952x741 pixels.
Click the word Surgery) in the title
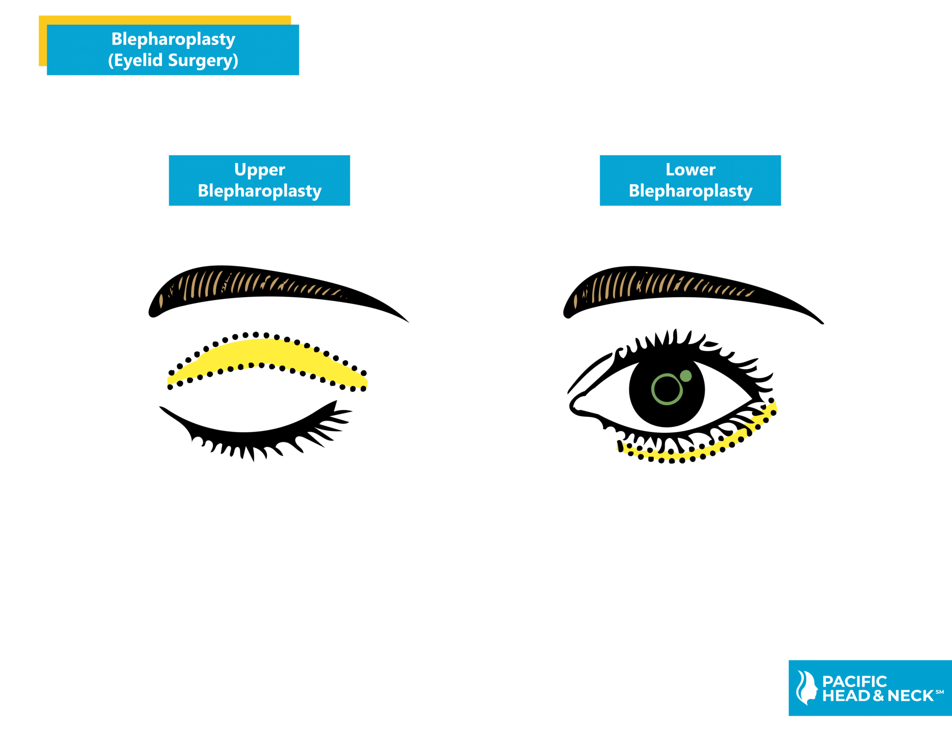click(x=203, y=60)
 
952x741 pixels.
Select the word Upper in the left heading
click(x=259, y=170)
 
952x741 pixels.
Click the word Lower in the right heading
click(x=690, y=170)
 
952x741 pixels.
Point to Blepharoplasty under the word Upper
click(x=259, y=191)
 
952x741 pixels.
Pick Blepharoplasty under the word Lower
click(x=690, y=191)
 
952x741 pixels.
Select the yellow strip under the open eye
click(x=688, y=454)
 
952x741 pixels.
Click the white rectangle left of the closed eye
click(x=137, y=387)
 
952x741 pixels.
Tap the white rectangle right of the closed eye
click(x=396, y=385)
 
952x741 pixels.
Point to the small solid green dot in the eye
click(x=685, y=376)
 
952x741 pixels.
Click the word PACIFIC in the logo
click(x=854, y=681)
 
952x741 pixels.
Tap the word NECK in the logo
click(x=910, y=696)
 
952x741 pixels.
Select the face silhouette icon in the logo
click(x=807, y=688)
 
